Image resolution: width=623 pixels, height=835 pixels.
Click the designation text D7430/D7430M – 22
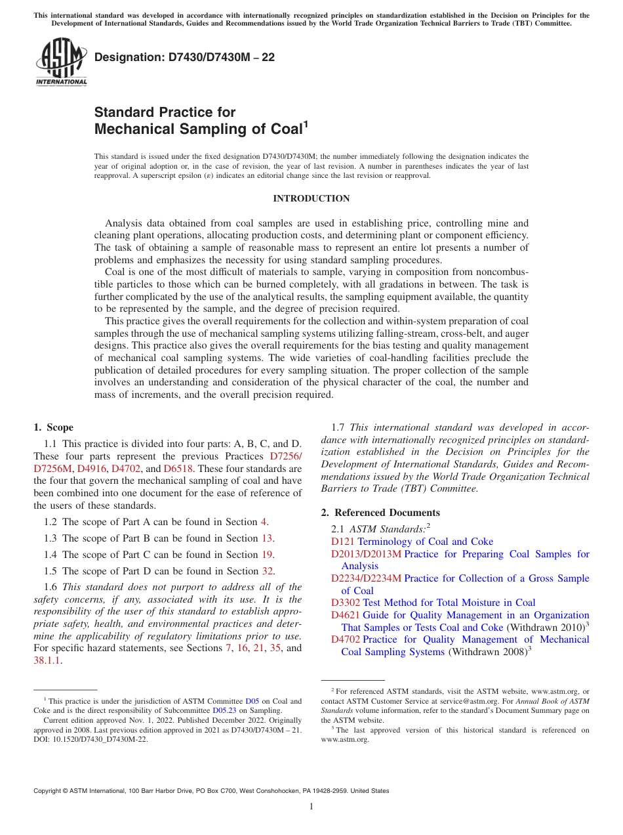coord(184,57)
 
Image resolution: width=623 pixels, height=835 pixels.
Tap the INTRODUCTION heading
coord(311,198)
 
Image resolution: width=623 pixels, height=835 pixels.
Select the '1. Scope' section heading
coord(54,427)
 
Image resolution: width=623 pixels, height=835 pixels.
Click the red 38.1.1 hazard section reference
coord(46,660)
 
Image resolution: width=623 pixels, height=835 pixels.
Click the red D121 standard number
coord(342,542)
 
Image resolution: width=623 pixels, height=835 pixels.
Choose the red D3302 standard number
coord(345,603)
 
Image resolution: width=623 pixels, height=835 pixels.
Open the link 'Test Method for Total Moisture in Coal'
coord(449,603)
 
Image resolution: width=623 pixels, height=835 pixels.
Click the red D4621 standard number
coord(345,615)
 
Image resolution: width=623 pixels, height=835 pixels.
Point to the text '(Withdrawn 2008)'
coord(487,652)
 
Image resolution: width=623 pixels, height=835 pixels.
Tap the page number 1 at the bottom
coord(311,807)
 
